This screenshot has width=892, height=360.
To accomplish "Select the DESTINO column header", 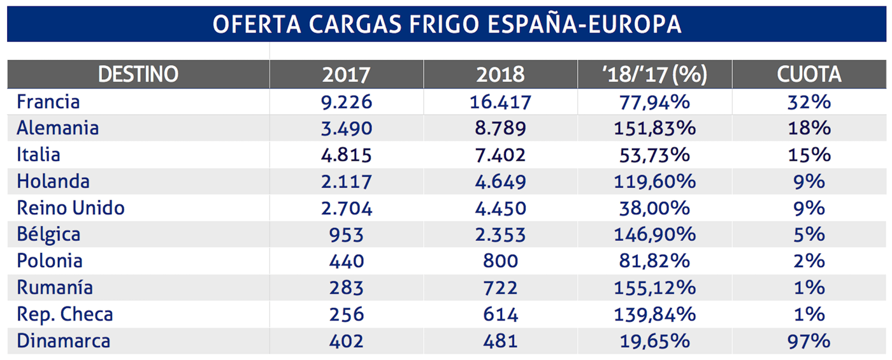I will pyautogui.click(x=138, y=75).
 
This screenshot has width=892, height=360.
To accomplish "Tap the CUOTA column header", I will pyautogui.click(x=809, y=75).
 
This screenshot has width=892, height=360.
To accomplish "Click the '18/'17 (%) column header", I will pyautogui.click(x=654, y=75).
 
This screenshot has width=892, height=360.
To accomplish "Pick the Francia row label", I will pyautogui.click(x=48, y=101).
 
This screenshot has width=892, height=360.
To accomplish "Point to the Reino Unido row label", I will pyautogui.click(x=71, y=208).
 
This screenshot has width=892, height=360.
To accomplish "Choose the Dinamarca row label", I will pyautogui.click(x=63, y=341).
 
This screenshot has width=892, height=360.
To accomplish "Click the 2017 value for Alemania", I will pyautogui.click(x=347, y=128).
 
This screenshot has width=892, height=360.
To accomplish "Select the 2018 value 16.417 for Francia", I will pyautogui.click(x=500, y=101).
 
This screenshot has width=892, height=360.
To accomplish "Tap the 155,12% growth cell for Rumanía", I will pyautogui.click(x=654, y=287).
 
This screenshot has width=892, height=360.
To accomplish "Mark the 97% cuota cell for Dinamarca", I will pyautogui.click(x=809, y=341).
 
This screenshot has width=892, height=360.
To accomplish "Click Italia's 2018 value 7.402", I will pyautogui.click(x=500, y=155).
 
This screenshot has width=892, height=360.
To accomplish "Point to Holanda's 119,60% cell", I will pyautogui.click(x=654, y=182).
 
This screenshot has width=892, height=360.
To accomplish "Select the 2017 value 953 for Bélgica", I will pyautogui.click(x=347, y=234).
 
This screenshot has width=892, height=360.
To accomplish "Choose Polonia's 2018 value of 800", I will pyautogui.click(x=500, y=261).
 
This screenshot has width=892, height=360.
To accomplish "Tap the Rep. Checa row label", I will pyautogui.click(x=65, y=314).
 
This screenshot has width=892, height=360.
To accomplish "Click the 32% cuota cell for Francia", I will pyautogui.click(x=809, y=101).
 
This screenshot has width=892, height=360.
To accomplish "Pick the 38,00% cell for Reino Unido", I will pyautogui.click(x=654, y=208).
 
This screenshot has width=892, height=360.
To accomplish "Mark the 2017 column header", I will pyautogui.click(x=347, y=75).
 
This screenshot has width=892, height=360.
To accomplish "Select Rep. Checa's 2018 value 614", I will pyautogui.click(x=500, y=314).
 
